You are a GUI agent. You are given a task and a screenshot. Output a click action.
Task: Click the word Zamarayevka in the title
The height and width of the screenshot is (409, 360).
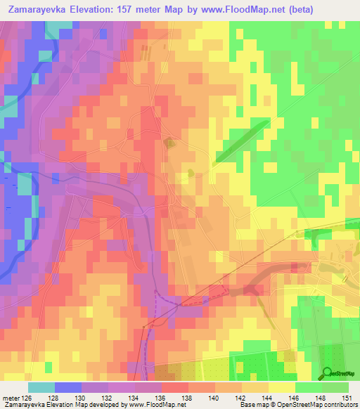pyautogui.click(x=34, y=9)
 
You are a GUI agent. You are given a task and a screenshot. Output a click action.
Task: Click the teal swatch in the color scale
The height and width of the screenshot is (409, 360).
pyautogui.click(x=41, y=387)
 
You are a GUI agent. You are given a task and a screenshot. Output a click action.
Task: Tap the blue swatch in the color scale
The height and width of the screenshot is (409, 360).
pyautogui.click(x=68, y=387)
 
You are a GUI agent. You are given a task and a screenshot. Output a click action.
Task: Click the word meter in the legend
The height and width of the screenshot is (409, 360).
pyautogui.click(x=11, y=397)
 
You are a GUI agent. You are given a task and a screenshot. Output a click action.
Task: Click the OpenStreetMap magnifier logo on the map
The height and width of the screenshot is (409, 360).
pyautogui.click(x=326, y=372)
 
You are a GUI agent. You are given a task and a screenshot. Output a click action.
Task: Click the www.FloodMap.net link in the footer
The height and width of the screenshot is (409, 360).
pyautogui.click(x=147, y=405)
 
